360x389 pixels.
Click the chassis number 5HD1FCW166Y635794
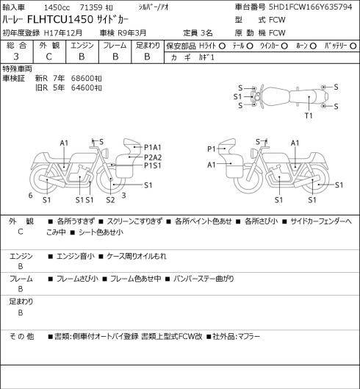[x=311, y=7]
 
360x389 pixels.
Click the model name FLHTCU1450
[x=60, y=19]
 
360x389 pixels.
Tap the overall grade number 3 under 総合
[x=16, y=57]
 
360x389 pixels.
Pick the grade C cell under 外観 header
[x=48, y=57]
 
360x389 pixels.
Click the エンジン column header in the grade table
[x=82, y=46]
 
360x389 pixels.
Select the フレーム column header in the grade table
[x=115, y=46]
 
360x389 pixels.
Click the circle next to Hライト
[x=222, y=46]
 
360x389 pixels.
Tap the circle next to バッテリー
[x=353, y=46]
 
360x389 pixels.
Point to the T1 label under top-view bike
[x=309, y=115]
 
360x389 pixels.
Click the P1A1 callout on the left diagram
[x=153, y=147]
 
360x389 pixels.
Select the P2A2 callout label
[x=153, y=157]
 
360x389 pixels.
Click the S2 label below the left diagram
[x=110, y=200]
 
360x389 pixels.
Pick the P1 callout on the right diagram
[x=212, y=149]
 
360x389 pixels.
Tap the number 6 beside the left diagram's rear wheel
[x=30, y=196]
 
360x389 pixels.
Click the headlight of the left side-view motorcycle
[x=106, y=152]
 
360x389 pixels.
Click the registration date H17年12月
[x=62, y=33]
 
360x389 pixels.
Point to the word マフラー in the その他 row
[x=249, y=336]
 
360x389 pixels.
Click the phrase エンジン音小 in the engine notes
[x=76, y=256]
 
